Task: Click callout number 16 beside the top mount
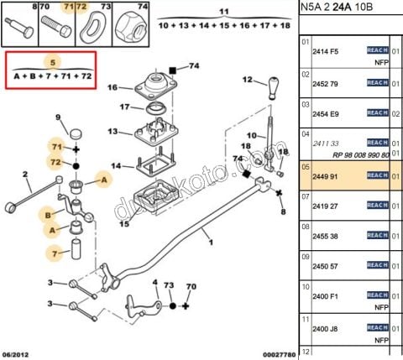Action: (x=113, y=86)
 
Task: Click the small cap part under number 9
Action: (x=77, y=133)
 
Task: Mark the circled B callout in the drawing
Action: (x=50, y=215)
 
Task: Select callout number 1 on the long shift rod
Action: (x=211, y=243)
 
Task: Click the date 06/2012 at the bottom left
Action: (x=18, y=354)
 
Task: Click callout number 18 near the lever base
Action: (x=283, y=151)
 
